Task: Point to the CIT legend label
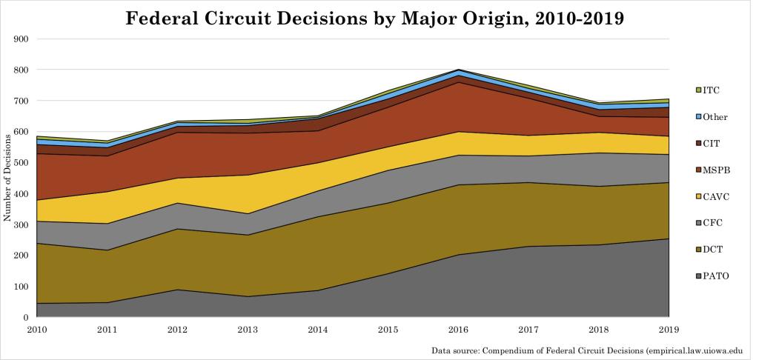tap(712, 143)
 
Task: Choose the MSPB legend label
tap(716, 170)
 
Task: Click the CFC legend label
tap(712, 223)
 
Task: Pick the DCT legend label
tap(713, 250)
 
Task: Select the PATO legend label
tap(715, 276)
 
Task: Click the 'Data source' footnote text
tap(590, 350)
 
